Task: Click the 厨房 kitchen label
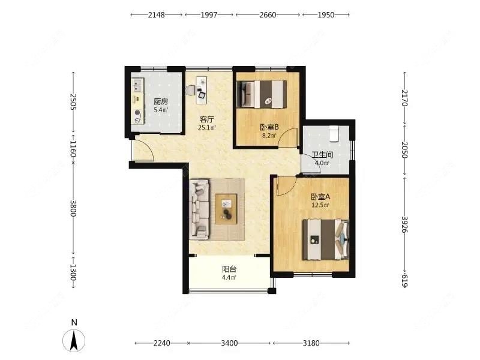click(161, 101)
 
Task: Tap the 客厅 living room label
click(206, 119)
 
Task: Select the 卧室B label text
click(269, 127)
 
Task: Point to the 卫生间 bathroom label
click(322, 155)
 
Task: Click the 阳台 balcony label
click(229, 269)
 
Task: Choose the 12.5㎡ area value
click(320, 205)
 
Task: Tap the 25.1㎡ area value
click(207, 127)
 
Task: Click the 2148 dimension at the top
click(157, 14)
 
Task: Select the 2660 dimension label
click(268, 14)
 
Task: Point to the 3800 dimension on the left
click(73, 208)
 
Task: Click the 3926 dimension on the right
click(404, 224)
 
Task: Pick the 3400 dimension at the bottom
click(229, 343)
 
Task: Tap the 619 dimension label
click(404, 280)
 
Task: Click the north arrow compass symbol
click(74, 340)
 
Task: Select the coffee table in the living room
click(226, 209)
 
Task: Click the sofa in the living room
click(199, 209)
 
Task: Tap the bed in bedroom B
click(262, 94)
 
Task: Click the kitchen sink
click(137, 85)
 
